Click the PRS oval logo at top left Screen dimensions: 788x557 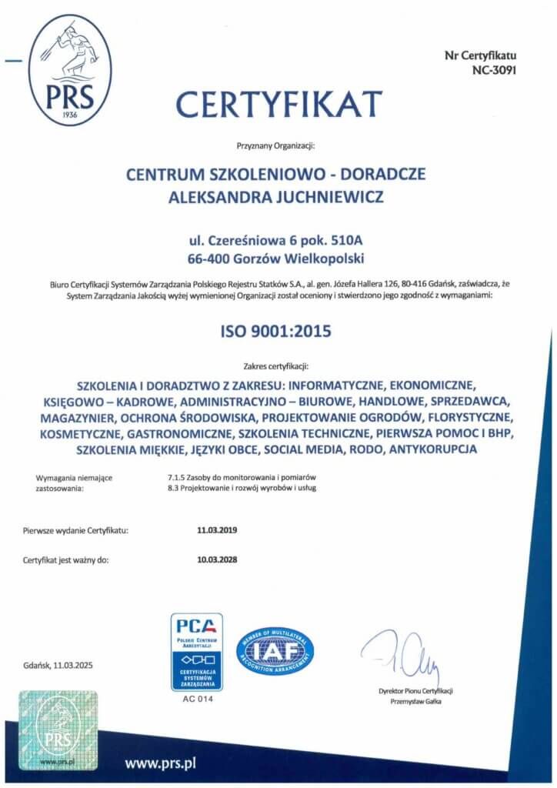point(69,69)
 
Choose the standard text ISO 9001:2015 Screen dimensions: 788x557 point(278,333)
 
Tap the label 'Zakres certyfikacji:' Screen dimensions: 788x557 point(278,366)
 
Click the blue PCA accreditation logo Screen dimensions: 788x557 point(196,651)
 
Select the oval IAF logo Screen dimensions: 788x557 point(275,651)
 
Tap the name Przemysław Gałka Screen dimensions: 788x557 point(415,701)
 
